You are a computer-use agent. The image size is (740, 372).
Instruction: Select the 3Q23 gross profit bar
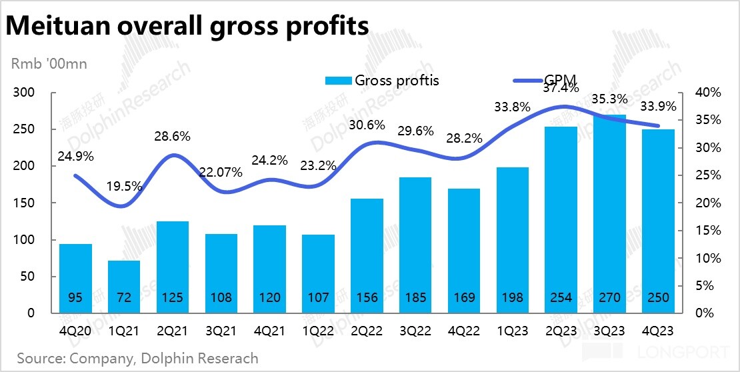(608, 213)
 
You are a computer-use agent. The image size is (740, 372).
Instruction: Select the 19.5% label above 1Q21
(124, 188)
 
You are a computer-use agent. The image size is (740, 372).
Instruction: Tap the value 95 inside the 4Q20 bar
(75, 297)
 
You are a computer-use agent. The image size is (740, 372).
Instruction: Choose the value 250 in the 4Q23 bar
(657, 297)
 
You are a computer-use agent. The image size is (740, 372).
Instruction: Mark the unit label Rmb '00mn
(49, 64)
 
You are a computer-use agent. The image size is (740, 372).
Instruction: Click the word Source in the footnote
(39, 358)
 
